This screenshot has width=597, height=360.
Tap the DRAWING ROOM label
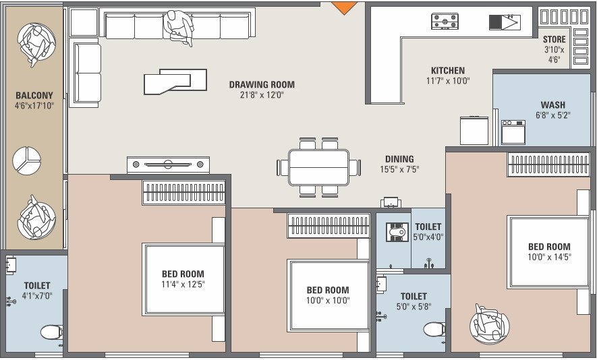pyautogui.click(x=262, y=85)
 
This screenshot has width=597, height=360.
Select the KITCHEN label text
pyautogui.click(x=448, y=71)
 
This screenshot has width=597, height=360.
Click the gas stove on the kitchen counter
pyautogui.click(x=445, y=22)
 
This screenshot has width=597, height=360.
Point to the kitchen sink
pyautogui.click(x=505, y=22)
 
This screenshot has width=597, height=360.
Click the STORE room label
pyautogui.click(x=555, y=40)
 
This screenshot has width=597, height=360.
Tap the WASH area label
pyautogui.click(x=553, y=105)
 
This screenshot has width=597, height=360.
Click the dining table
pyautogui.click(x=318, y=167)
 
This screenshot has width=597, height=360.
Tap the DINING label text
pyautogui.click(x=399, y=160)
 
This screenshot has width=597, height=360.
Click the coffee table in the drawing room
pyautogui.click(x=175, y=81)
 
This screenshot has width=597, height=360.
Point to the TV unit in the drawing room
pyautogui.click(x=168, y=164)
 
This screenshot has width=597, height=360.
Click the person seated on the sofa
pyautogui.click(x=178, y=27)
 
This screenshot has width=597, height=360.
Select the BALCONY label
pyautogui.click(x=34, y=96)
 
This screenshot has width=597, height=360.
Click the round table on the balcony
pyautogui.click(x=27, y=160)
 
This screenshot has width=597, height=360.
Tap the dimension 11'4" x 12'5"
pyautogui.click(x=183, y=284)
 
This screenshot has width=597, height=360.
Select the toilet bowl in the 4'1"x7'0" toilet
pyautogui.click(x=51, y=332)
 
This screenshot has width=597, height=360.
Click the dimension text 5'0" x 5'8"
pyautogui.click(x=414, y=306)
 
